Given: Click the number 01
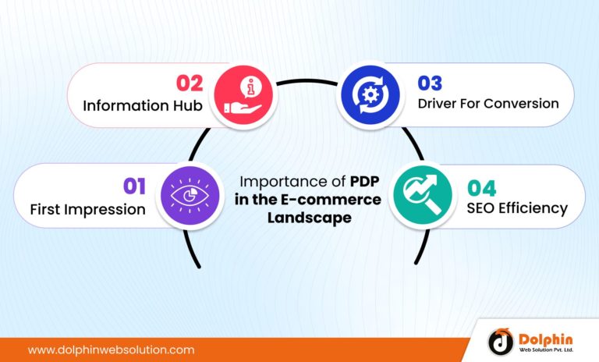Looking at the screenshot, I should tap(134, 185).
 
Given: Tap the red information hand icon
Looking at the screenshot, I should tap(243, 94).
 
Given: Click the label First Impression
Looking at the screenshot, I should tap(87, 209).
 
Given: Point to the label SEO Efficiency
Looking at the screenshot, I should tap(517, 208).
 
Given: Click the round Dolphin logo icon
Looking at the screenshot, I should tap(501, 341).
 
